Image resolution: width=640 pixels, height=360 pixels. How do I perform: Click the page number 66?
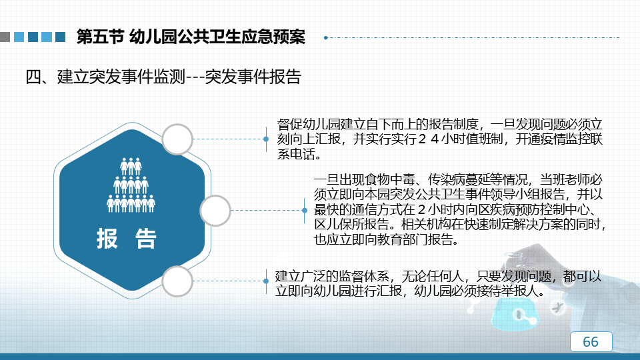tap(591, 341)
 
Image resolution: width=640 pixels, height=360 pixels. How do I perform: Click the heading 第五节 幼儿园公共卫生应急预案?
tap(191, 37)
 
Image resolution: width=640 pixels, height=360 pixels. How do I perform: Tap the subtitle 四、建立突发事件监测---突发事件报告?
tap(163, 77)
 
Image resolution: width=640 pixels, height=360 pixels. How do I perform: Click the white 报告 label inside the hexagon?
tap(127, 239)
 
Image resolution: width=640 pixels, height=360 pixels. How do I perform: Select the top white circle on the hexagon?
tap(177, 139)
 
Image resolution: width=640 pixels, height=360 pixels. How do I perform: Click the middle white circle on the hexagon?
tap(215, 211)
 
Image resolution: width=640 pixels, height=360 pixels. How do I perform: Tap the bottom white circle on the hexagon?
tap(177, 281)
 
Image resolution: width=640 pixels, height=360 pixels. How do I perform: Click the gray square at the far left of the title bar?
tap(5, 37)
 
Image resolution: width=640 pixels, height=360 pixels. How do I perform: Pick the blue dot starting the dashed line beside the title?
tap(326, 37)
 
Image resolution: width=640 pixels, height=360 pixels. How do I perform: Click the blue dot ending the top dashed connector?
tap(266, 139)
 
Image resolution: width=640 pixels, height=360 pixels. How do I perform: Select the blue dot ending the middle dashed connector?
tap(305, 211)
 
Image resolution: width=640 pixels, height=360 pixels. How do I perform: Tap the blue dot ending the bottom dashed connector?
tap(266, 281)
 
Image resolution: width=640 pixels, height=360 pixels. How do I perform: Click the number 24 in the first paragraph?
tap(429, 139)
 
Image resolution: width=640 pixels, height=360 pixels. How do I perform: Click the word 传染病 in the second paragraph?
tap(447, 179)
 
